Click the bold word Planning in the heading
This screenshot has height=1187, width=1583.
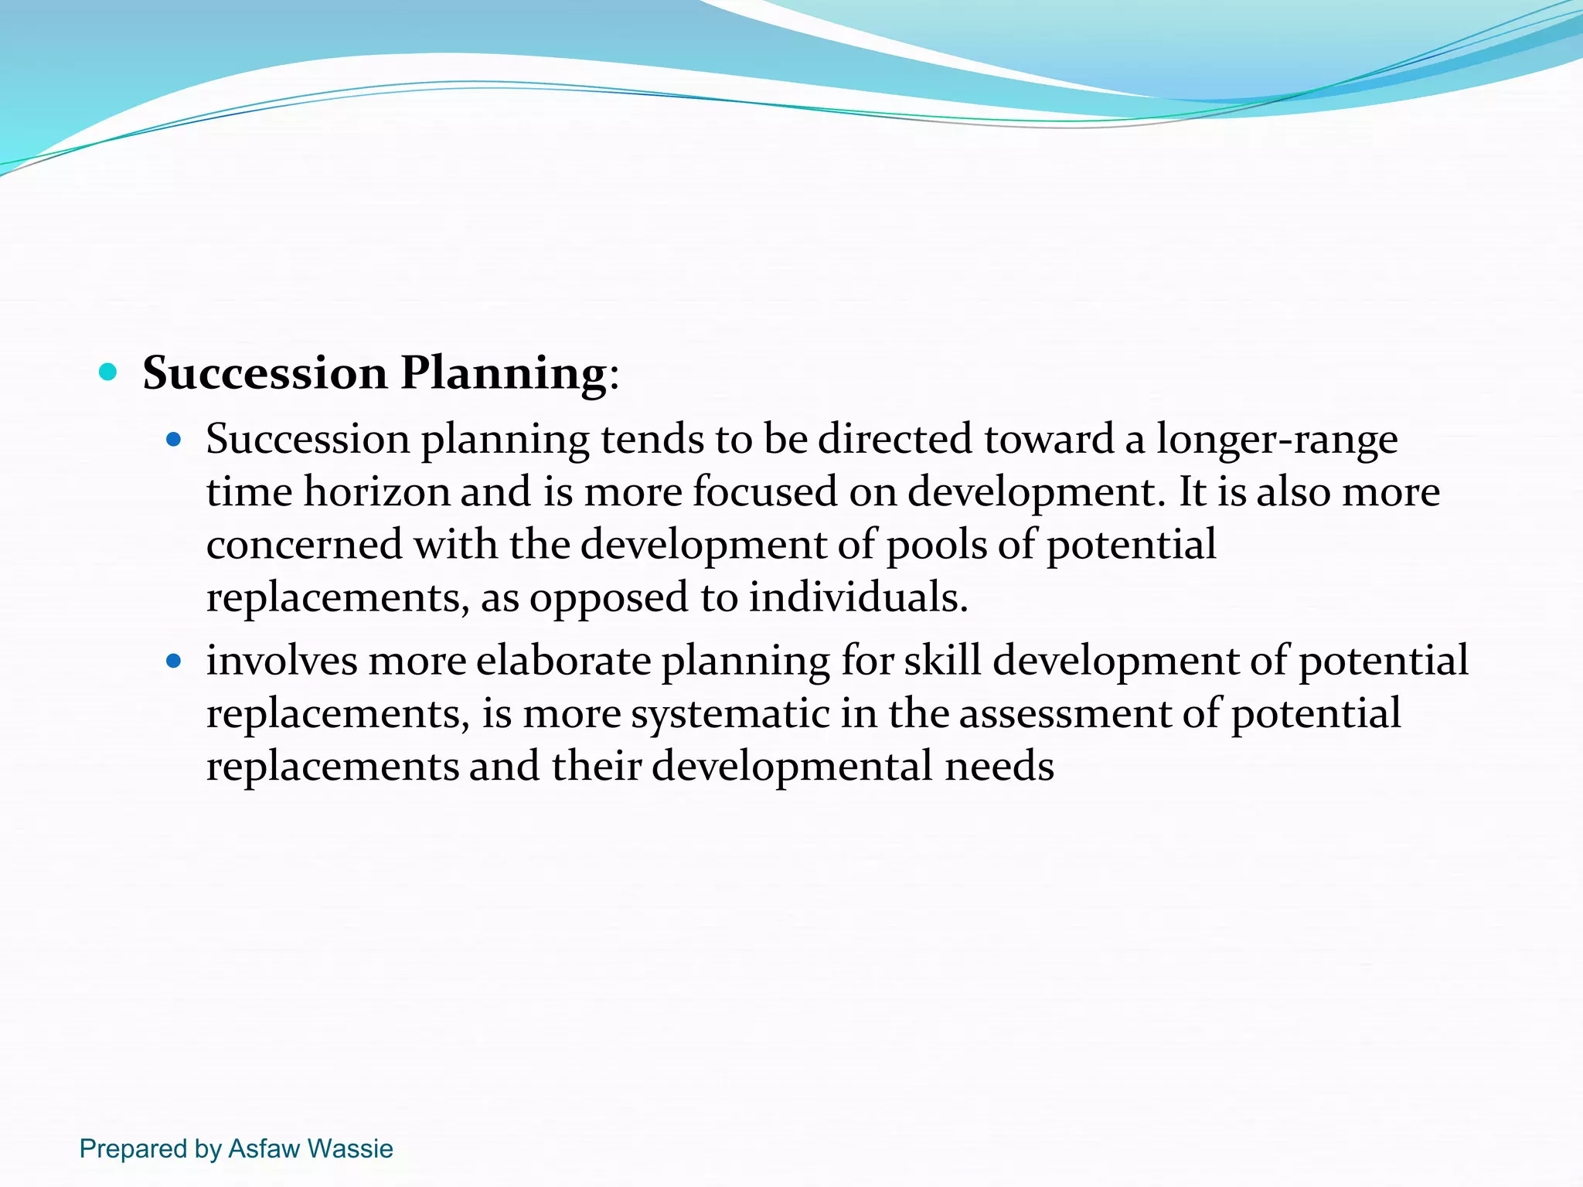tap(503, 374)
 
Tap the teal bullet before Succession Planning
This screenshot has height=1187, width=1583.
tap(108, 372)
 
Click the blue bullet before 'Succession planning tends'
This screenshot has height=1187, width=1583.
tap(174, 440)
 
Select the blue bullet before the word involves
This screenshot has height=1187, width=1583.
tap(174, 662)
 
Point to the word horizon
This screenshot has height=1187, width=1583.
tap(376, 492)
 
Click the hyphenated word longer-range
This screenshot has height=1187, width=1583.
tap(1276, 440)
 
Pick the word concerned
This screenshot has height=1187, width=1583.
tap(305, 545)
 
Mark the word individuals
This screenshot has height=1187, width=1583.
tap(858, 598)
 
